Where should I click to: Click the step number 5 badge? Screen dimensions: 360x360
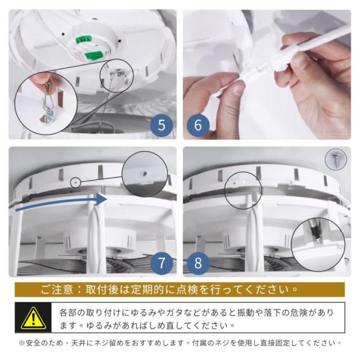coord(161,125)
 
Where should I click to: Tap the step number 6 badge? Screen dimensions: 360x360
coord(198,125)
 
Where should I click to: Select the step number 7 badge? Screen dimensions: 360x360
coord(161,263)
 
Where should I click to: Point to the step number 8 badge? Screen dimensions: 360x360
coord(198,263)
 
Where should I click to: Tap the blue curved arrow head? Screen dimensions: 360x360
coord(101,199)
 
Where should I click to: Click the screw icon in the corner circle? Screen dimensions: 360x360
coord(336,159)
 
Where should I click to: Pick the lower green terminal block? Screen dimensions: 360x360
coord(93,55)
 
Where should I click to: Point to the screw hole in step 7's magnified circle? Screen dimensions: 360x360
coord(145,174)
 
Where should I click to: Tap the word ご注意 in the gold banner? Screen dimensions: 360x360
coord(56,290)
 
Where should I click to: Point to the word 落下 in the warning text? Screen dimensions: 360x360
coord(272,313)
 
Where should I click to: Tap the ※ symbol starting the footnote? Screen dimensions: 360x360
coord(22,343)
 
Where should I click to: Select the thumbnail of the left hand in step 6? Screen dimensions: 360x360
coord(238,89)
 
